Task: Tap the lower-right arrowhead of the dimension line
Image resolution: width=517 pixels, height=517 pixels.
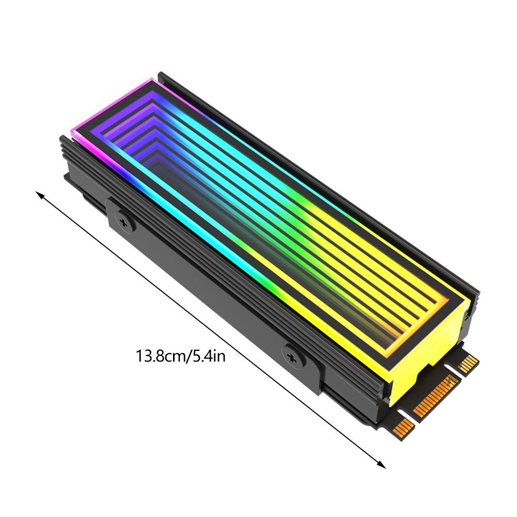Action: pyautogui.click(x=382, y=465)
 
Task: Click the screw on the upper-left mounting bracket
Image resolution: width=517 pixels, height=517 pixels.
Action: pyautogui.click(x=124, y=221)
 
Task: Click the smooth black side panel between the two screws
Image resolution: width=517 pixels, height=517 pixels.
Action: pyautogui.click(x=207, y=289)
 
